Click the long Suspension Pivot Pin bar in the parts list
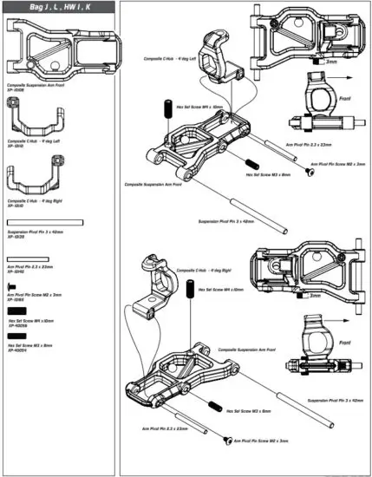pyautogui.click(x=44, y=223)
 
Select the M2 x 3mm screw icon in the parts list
pyautogui.click(x=12, y=285)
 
